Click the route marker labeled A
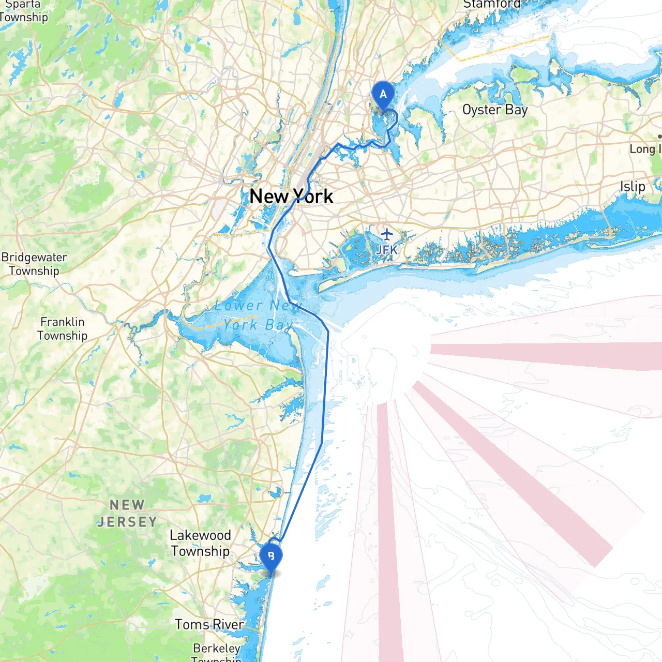click(x=383, y=95)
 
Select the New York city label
click(x=291, y=197)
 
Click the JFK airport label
click(x=387, y=250)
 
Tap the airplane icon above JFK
click(x=387, y=234)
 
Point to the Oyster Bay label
click(x=494, y=110)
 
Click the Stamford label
click(x=491, y=4)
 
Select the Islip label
click(x=633, y=186)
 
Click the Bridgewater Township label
click(x=34, y=264)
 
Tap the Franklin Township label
click(x=63, y=328)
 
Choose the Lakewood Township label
click(x=200, y=543)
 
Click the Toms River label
click(x=209, y=625)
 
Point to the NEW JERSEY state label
click(x=127, y=513)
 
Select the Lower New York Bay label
click(x=257, y=315)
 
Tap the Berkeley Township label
click(x=217, y=653)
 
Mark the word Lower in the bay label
click(x=238, y=306)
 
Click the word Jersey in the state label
click(x=127, y=522)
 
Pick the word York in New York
click(x=313, y=197)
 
